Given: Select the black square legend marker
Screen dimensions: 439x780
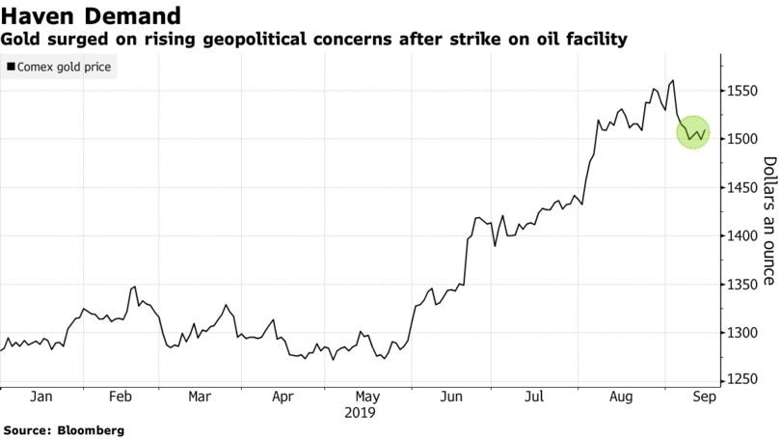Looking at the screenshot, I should click(x=10, y=69).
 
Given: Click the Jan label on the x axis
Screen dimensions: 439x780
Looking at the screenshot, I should click(x=40, y=396).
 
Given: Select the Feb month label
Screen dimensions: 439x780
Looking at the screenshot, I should click(x=121, y=396).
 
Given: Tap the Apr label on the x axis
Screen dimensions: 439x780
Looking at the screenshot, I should click(x=283, y=396).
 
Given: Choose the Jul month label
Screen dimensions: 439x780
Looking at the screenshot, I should click(x=534, y=396).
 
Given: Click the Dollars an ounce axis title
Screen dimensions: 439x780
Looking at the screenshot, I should click(x=768, y=221).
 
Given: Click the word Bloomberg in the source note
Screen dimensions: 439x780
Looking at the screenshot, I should click(x=91, y=429).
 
